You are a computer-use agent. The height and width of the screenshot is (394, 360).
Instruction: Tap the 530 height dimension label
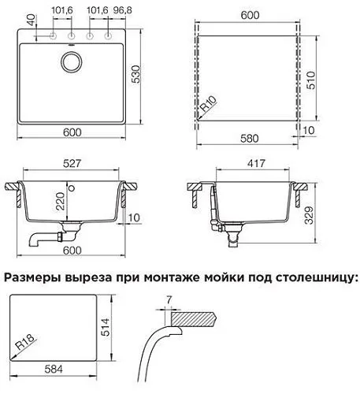[136, 74]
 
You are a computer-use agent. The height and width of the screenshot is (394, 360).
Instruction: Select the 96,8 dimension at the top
[123, 10]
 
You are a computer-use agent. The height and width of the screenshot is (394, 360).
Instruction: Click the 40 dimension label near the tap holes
[31, 20]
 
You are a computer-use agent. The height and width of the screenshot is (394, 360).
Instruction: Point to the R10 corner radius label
[209, 103]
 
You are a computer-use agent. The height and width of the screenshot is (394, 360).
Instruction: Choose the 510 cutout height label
[310, 80]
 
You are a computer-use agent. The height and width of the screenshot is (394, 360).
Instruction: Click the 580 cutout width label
[250, 139]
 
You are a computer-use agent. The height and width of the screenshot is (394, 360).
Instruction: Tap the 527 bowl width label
[72, 163]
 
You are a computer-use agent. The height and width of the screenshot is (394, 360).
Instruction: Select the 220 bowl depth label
[60, 201]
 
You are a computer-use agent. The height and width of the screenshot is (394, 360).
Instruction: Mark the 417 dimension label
[256, 163]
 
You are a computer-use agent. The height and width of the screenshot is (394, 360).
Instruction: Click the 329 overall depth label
[309, 215]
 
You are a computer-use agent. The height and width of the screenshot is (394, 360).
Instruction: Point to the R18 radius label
[25, 342]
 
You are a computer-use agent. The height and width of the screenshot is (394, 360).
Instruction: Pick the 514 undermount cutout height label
[106, 327]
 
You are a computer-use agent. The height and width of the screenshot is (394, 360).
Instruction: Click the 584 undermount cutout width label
[54, 370]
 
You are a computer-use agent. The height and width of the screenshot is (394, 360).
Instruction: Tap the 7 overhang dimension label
[169, 299]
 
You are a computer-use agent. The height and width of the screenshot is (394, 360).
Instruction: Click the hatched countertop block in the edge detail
[194, 318]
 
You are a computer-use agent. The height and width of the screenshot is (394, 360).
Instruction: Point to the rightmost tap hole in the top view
[108, 35]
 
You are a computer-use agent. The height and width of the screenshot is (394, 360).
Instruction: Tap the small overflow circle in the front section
[72, 188]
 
